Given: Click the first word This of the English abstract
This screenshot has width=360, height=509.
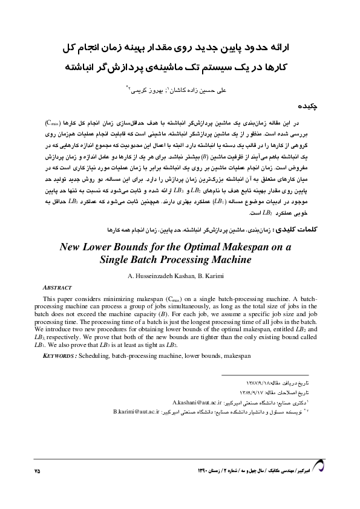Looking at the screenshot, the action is tap(51, 299).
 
